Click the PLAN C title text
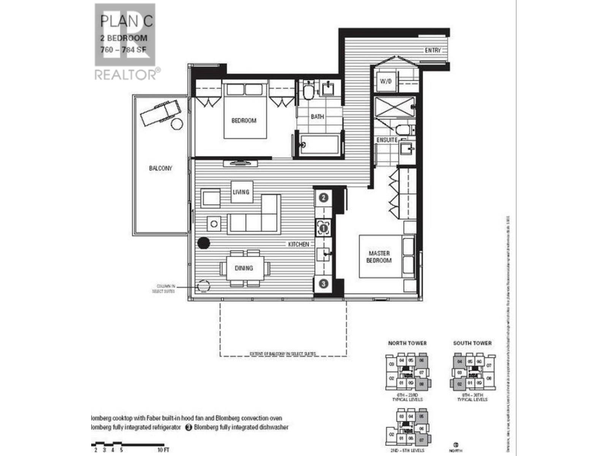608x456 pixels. (126, 21)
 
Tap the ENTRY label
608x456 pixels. (432, 50)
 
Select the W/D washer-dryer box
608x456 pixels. (385, 81)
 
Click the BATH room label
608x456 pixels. (317, 116)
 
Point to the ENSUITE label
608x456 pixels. (387, 140)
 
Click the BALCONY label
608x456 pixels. (160, 168)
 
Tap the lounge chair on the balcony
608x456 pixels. (160, 112)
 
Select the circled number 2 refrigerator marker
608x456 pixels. (323, 198)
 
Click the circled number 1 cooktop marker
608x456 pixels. (323, 228)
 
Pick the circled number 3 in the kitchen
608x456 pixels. (323, 283)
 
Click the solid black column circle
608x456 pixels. (204, 243)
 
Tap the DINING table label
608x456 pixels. (244, 268)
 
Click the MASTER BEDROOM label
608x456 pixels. (379, 256)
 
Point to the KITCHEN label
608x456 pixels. (298, 244)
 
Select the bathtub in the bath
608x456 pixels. (319, 145)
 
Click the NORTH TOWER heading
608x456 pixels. (407, 343)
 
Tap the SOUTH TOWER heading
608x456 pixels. (472, 343)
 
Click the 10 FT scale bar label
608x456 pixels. (163, 450)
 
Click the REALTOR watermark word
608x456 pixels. (125, 74)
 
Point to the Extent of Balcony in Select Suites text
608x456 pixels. (283, 354)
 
